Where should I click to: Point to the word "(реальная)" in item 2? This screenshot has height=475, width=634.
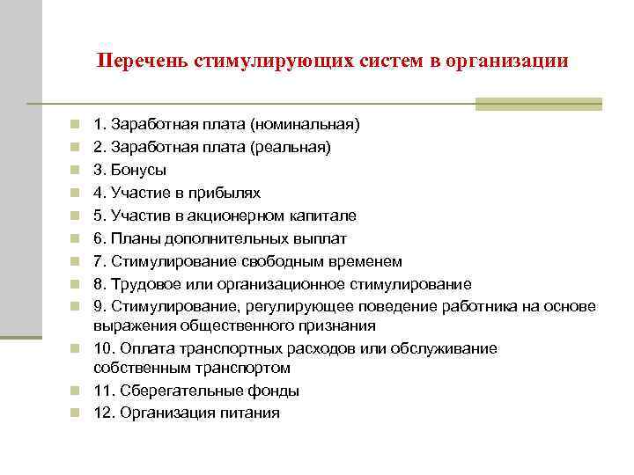pyautogui.click(x=297, y=147)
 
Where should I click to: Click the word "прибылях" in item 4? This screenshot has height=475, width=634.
pyautogui.click(x=229, y=193)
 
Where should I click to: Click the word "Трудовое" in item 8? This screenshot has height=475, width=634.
pyautogui.click(x=144, y=284)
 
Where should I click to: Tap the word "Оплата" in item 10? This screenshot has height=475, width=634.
pyautogui.click(x=149, y=348)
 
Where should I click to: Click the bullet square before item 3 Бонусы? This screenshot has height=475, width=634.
pyautogui.click(x=77, y=170)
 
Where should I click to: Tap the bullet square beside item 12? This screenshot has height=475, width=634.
pyautogui.click(x=77, y=413)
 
